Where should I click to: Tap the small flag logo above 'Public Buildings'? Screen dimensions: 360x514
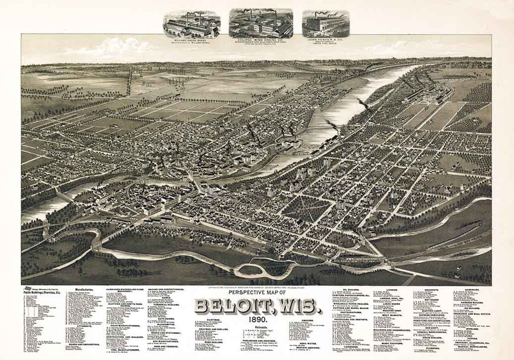click(28, 288)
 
